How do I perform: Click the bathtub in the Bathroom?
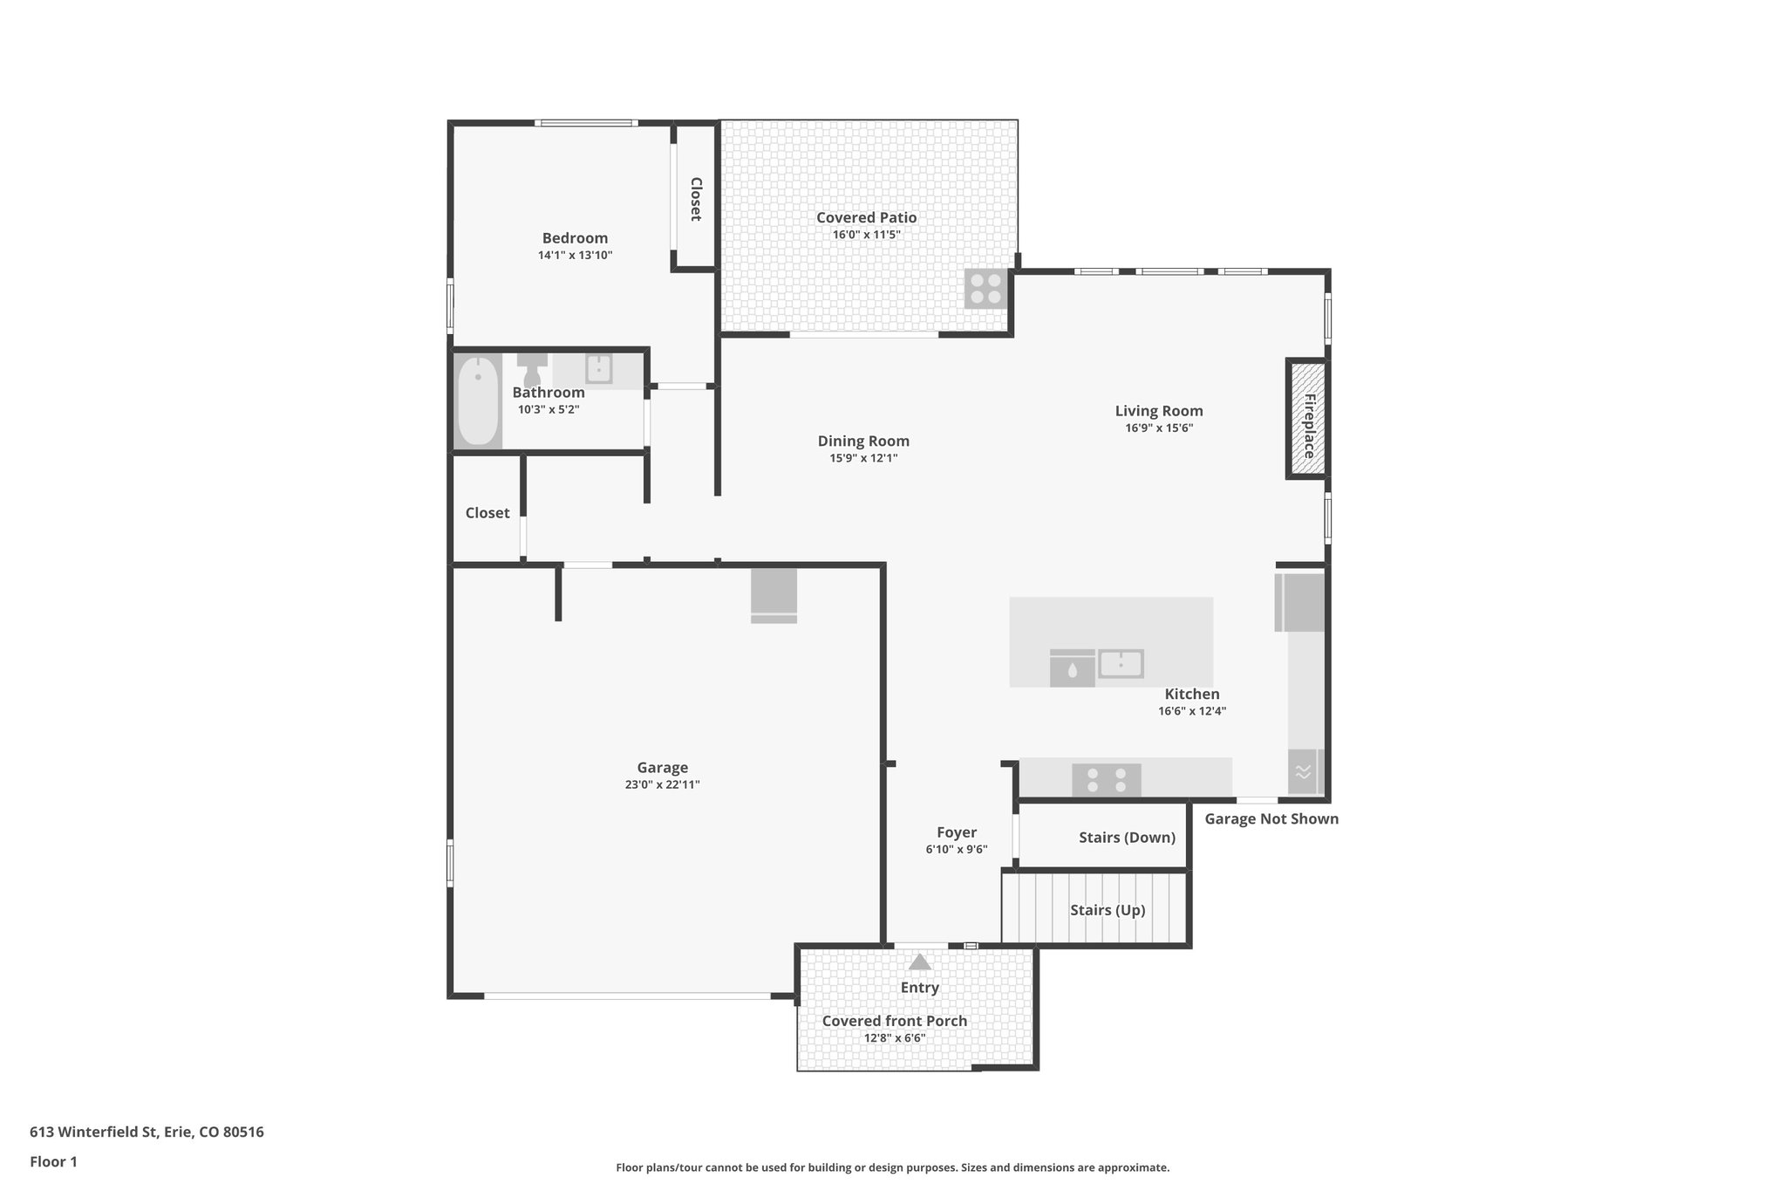point(478,401)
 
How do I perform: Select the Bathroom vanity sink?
point(599,369)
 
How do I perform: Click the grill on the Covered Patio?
point(986,289)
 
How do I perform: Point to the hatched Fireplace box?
point(1307,419)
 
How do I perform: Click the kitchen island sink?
point(1121,664)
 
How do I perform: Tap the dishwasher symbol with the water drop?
point(1072,669)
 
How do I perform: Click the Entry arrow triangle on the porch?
point(920,962)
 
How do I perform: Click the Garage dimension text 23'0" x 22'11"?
point(662,784)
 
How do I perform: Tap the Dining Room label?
point(863,441)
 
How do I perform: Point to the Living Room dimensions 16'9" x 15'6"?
point(1159,428)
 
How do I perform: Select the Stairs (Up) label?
point(1108,910)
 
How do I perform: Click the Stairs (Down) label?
point(1127,838)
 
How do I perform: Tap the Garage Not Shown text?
point(1271,818)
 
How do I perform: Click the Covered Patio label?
point(866,217)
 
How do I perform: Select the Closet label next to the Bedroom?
point(696,199)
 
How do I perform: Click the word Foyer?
point(957,832)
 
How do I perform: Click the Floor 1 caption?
point(53,1161)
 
